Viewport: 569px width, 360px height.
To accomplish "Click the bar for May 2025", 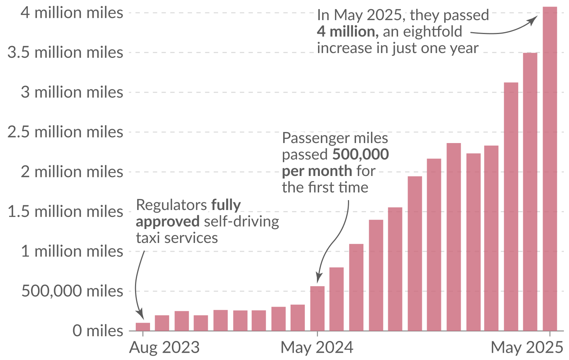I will (550, 168).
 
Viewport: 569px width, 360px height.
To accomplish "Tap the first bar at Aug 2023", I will (143, 326).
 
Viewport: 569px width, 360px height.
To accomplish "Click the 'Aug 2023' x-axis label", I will (164, 347).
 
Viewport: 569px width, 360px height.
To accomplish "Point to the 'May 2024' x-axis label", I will (317, 347).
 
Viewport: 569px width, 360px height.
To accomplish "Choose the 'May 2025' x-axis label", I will (527, 347).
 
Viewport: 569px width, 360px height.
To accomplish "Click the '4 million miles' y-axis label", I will (72, 13).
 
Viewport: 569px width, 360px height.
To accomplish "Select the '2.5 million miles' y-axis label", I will (65, 132).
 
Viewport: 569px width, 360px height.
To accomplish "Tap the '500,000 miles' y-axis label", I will (72, 291).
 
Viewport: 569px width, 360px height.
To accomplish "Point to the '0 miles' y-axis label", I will (98, 331).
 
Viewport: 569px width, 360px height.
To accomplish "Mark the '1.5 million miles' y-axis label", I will (65, 211).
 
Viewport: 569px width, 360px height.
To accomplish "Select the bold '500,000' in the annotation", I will (360, 154).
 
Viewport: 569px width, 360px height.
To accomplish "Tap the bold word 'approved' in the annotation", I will (168, 221).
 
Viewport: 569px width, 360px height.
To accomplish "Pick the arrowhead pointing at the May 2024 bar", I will (318, 279).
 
